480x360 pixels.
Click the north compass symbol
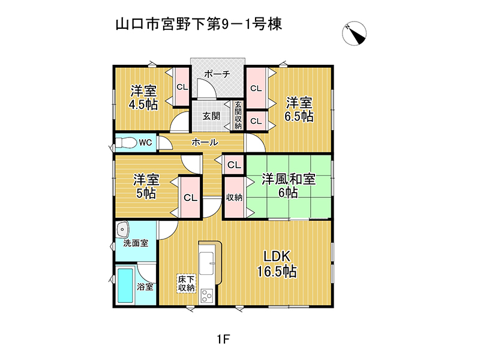[x=354, y=33]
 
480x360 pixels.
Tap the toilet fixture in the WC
[x=126, y=142]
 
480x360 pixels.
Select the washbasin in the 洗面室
[x=123, y=229]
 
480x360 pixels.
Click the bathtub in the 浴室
[x=125, y=285]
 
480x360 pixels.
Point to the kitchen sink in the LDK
[x=206, y=263]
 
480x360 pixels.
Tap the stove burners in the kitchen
[x=206, y=296]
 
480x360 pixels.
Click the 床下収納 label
[x=186, y=284]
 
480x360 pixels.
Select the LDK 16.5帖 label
[x=277, y=264]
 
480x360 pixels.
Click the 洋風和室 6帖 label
[x=289, y=186]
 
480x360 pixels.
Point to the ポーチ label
[x=217, y=74]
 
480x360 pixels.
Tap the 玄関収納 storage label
[x=238, y=115]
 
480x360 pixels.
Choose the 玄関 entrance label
[x=211, y=116]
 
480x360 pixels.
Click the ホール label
[x=205, y=142]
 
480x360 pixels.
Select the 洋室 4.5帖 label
[x=143, y=97]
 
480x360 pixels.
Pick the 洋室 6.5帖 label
[x=299, y=109]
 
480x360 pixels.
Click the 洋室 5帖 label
[x=146, y=186]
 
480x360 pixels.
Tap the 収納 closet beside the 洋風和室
[x=234, y=197]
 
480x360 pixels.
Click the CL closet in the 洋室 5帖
[x=190, y=197]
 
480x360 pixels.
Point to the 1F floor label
[x=223, y=339]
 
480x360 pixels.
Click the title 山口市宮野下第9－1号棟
[x=199, y=24]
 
